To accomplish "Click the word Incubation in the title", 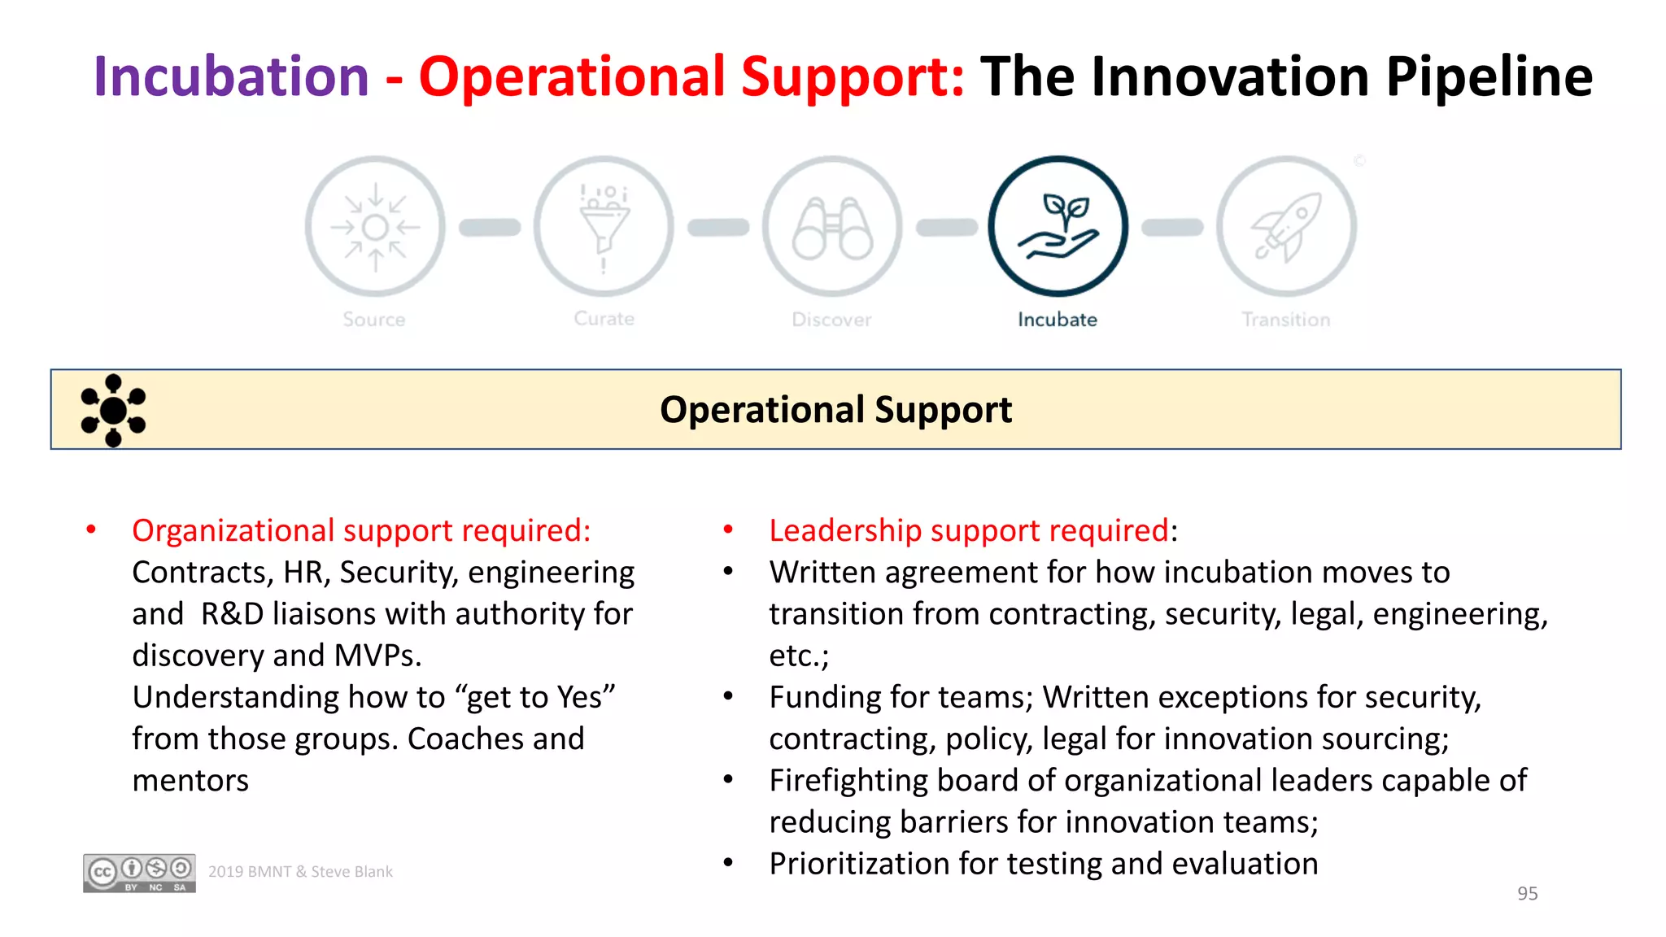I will (232, 76).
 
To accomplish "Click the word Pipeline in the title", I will (1488, 76).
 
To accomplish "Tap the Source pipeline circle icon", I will (375, 227).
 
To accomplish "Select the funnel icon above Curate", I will (604, 227).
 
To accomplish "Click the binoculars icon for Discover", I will (831, 227).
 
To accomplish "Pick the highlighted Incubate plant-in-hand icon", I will (1058, 227).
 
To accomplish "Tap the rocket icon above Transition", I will (1286, 227).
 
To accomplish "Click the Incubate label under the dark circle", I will (1057, 320).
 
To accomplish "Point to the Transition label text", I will (1285, 320).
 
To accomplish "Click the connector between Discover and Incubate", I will (946, 228).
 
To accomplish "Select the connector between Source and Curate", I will (490, 228).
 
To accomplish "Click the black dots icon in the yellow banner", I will (113, 410).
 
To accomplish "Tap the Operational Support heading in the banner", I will (835, 409).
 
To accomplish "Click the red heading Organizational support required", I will (361, 530).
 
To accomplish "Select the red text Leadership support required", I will (969, 530).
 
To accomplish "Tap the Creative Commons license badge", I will (139, 873).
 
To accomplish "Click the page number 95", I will (1527, 893).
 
